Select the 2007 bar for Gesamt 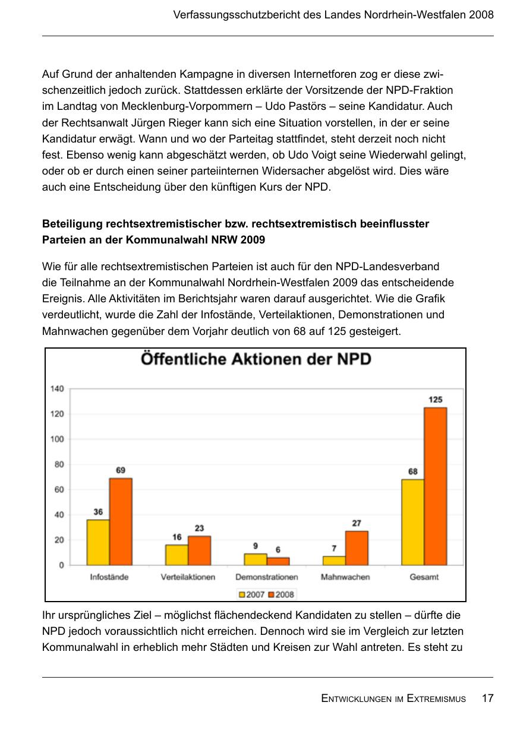click(412, 522)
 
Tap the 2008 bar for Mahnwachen click(357, 548)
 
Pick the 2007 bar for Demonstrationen click(256, 559)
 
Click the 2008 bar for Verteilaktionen click(200, 551)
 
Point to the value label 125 click(436, 400)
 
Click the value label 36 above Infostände click(98, 511)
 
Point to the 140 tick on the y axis click(57, 389)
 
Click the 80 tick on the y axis click(59, 464)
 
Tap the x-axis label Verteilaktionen click(188, 577)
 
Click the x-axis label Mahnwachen click(345, 577)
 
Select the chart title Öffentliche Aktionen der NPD click(256, 360)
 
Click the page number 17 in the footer click(487, 698)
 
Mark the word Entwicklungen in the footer click(355, 699)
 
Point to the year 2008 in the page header click(481, 15)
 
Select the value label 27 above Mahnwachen click(357, 523)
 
